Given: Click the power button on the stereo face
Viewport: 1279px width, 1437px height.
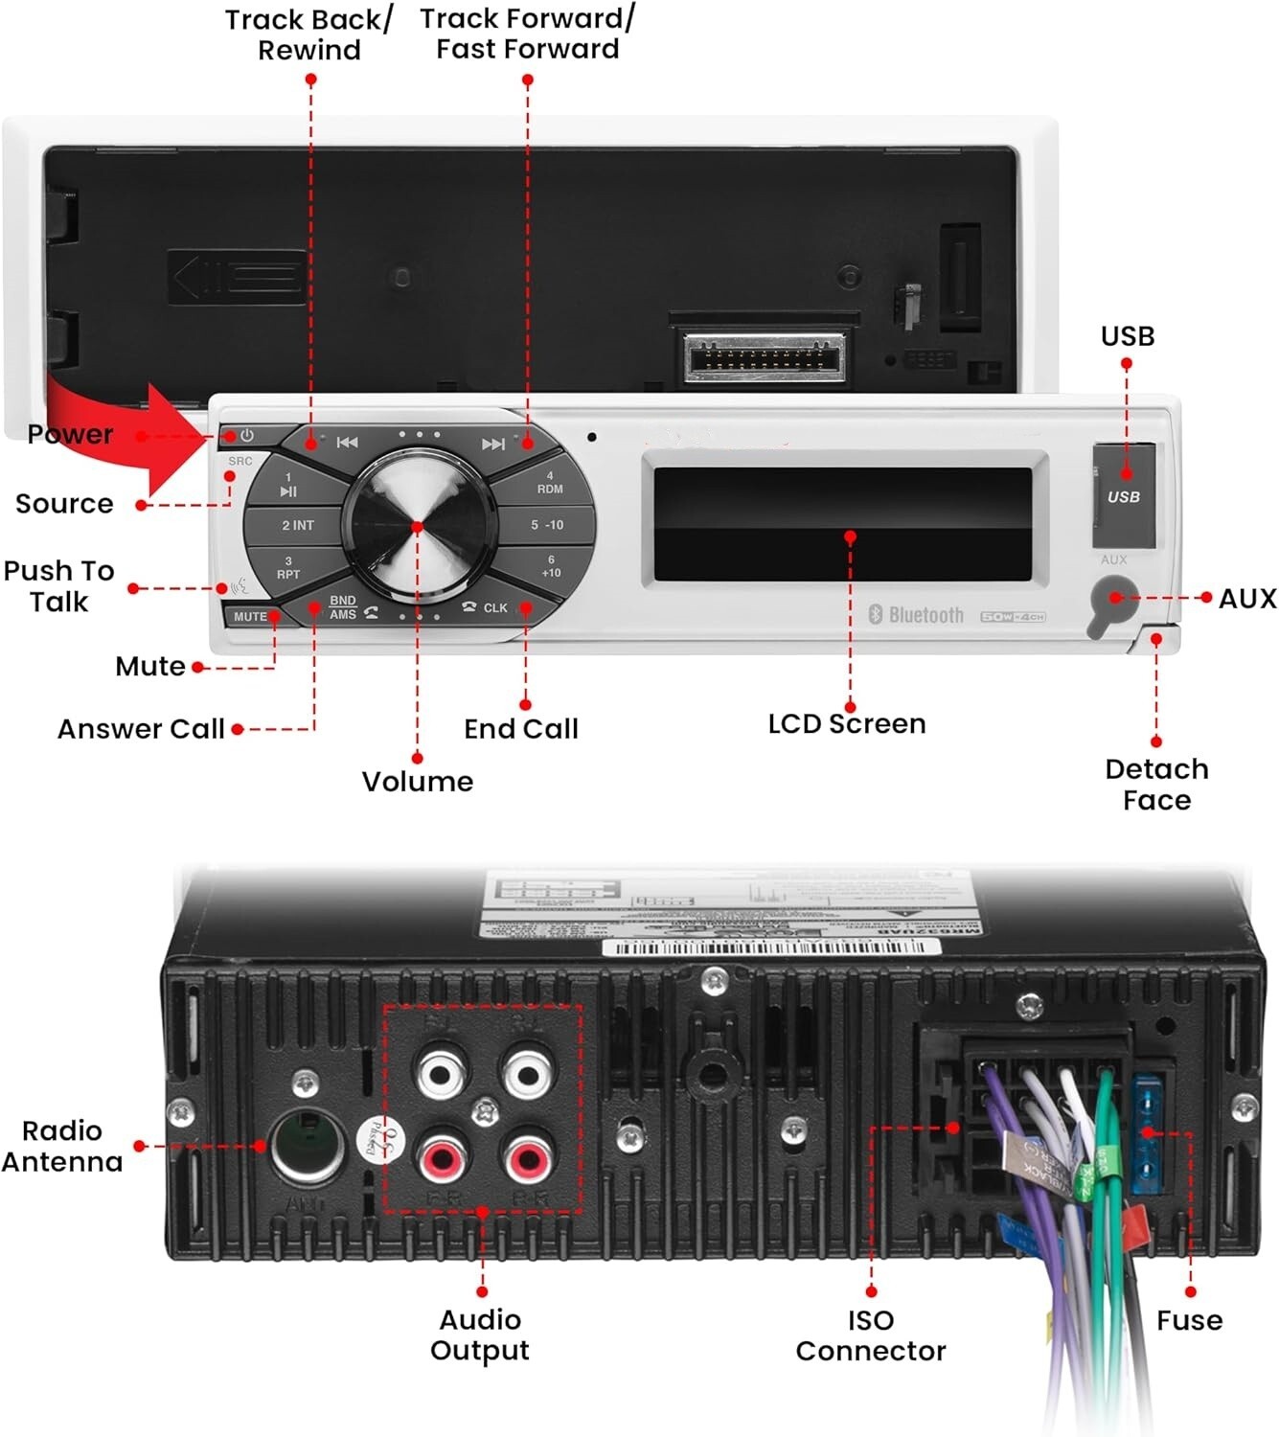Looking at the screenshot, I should (246, 436).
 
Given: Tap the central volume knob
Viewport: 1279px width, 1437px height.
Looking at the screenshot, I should (417, 526).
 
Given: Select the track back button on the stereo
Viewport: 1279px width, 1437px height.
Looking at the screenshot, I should (346, 443).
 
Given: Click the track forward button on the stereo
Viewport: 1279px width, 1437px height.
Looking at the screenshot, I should (492, 444).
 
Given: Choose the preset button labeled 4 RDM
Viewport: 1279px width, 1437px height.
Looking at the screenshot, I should (549, 482).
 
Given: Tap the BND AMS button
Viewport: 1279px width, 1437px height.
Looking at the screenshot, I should (343, 607).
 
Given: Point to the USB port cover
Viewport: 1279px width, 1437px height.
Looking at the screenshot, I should (1124, 494).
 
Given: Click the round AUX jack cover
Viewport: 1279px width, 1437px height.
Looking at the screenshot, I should (1112, 602).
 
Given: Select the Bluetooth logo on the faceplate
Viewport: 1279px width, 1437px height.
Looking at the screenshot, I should (917, 615).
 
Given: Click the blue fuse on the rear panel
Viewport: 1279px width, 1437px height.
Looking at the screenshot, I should (1148, 1134).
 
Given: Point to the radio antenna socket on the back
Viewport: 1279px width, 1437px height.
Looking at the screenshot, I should (307, 1146).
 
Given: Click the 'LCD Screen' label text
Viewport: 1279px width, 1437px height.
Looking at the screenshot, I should (847, 724).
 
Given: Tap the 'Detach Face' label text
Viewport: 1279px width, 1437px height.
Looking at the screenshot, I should (1156, 785).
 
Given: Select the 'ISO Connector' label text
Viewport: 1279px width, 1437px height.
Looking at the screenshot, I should (870, 1335).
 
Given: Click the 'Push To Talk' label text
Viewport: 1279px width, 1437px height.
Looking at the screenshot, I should (58, 586).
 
